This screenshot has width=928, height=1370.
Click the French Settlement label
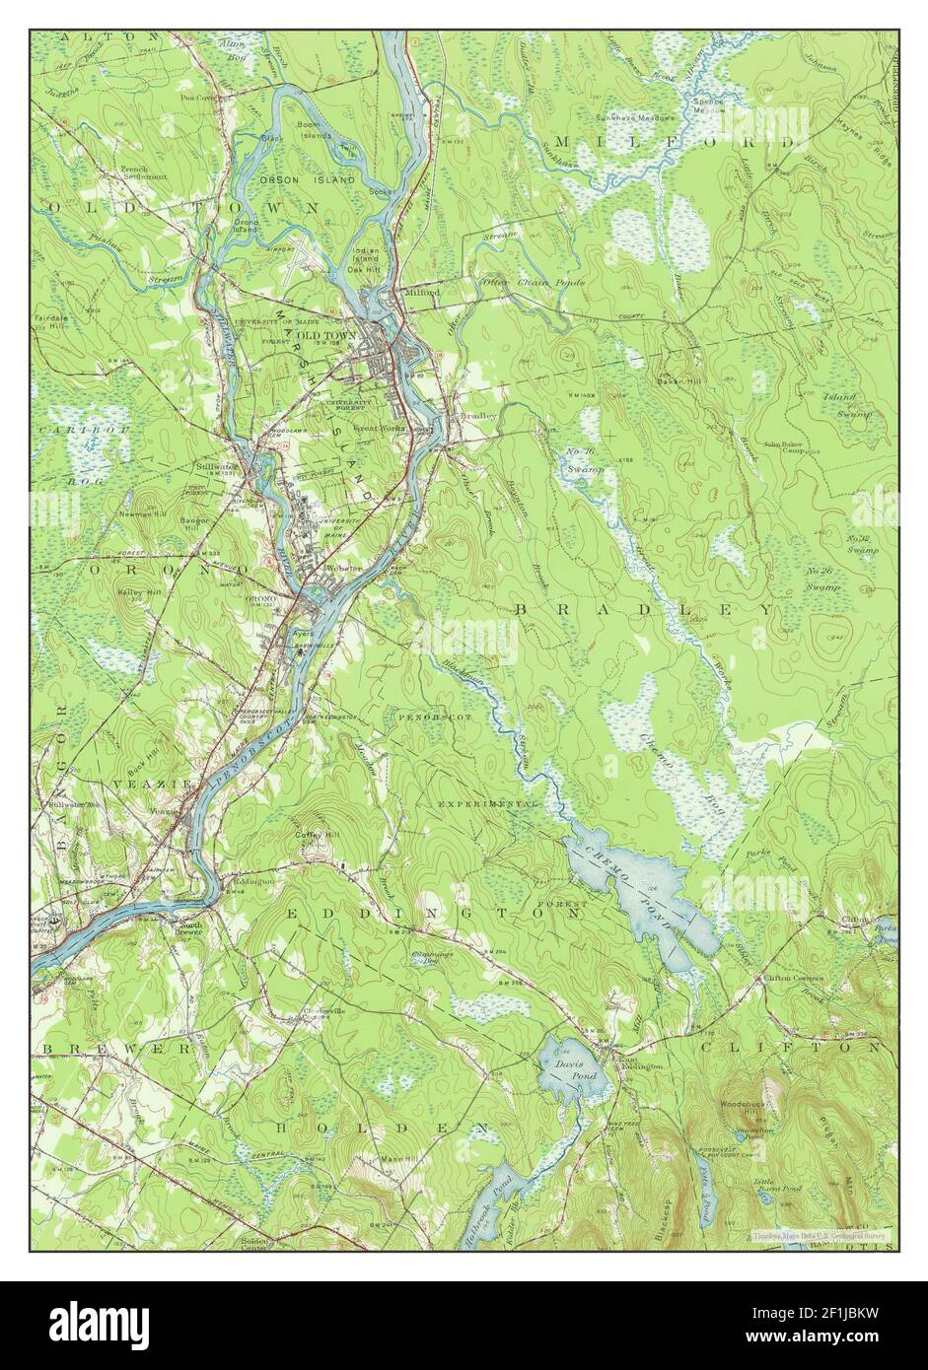[x=144, y=172]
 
